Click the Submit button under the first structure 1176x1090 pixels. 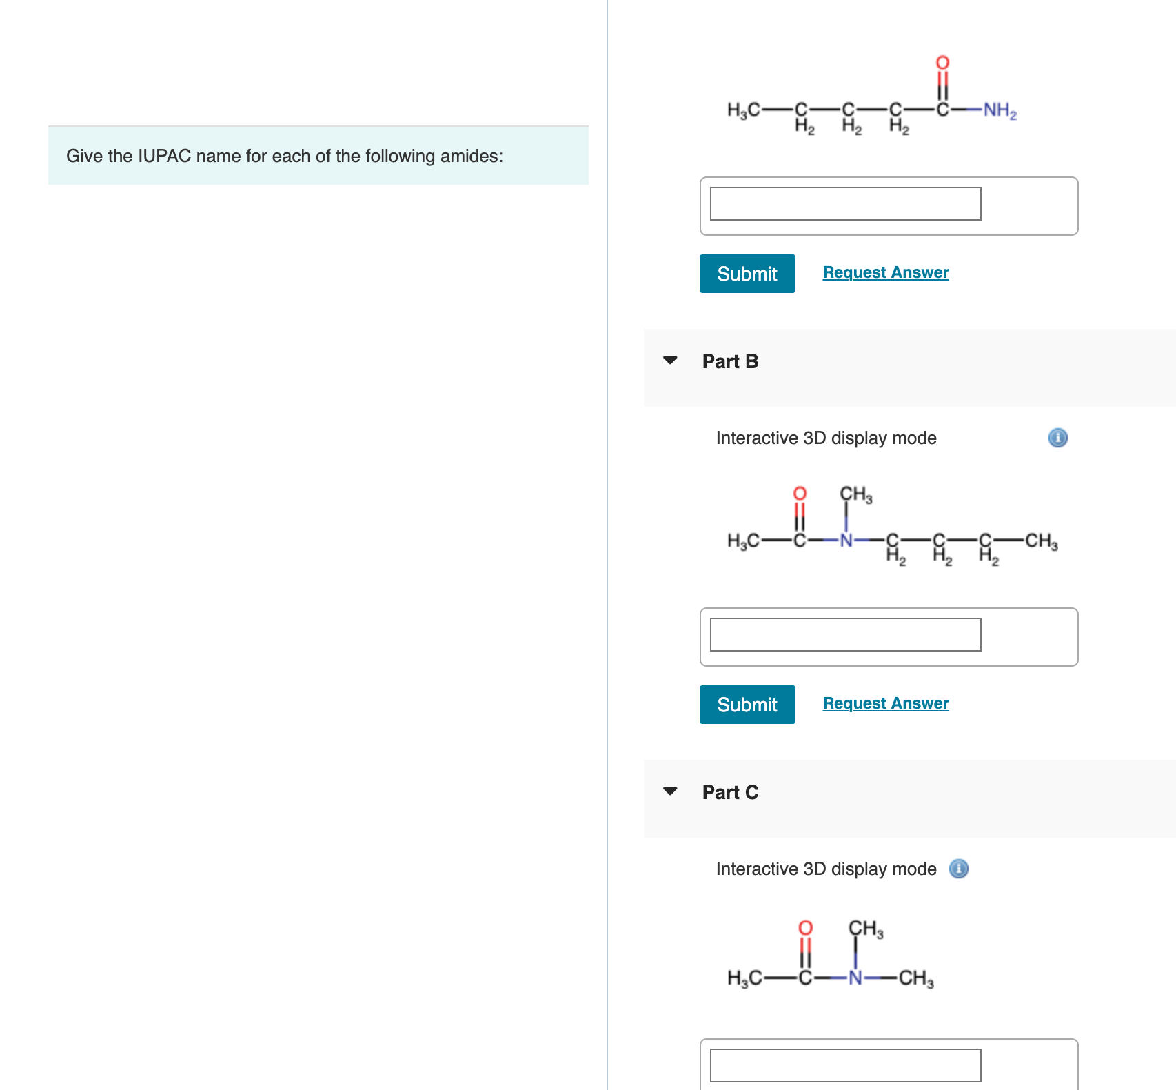tap(747, 274)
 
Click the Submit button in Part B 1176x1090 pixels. tap(747, 705)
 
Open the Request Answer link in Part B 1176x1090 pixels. tap(885, 703)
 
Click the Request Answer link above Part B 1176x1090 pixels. tap(885, 272)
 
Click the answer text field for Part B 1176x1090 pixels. tap(845, 634)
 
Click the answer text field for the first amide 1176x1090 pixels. tap(845, 203)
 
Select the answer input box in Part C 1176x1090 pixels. tap(845, 1065)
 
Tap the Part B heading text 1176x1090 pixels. tap(730, 361)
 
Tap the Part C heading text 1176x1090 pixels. tap(730, 792)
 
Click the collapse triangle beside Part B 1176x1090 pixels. tap(670, 361)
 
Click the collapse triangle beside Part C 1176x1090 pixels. tap(670, 791)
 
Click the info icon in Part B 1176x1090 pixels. tap(1057, 438)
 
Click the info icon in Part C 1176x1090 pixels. tap(959, 869)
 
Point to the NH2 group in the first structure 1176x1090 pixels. tap(999, 110)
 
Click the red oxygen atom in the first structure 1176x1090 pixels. tap(942, 63)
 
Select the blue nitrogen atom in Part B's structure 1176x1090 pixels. tap(846, 541)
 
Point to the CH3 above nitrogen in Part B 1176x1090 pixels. tap(855, 494)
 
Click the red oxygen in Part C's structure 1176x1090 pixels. tap(805, 928)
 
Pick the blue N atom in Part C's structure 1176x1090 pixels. tap(855, 978)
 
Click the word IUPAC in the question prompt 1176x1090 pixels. tap(164, 156)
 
